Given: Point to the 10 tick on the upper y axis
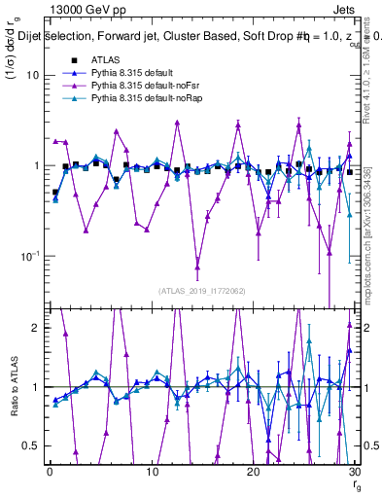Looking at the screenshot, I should pos(31,75).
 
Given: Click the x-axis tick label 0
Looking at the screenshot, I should pos(50,471).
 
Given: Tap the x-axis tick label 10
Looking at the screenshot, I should pos(152,471).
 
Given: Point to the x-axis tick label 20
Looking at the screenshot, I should pos(254,471).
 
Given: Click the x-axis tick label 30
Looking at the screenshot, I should pos(355,471).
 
